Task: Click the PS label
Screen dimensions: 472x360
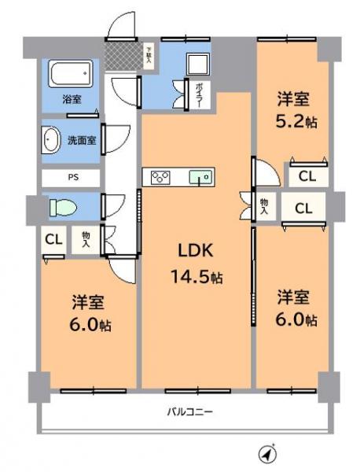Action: click(x=71, y=178)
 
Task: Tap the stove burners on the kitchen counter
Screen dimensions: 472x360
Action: click(x=160, y=177)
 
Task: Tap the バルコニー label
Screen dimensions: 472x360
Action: click(x=189, y=411)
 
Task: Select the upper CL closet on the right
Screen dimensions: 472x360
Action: click(x=307, y=178)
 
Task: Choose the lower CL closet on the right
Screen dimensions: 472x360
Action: click(x=303, y=208)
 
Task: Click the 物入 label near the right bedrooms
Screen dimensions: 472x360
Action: click(x=264, y=207)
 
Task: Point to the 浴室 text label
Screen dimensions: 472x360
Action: click(x=72, y=100)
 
